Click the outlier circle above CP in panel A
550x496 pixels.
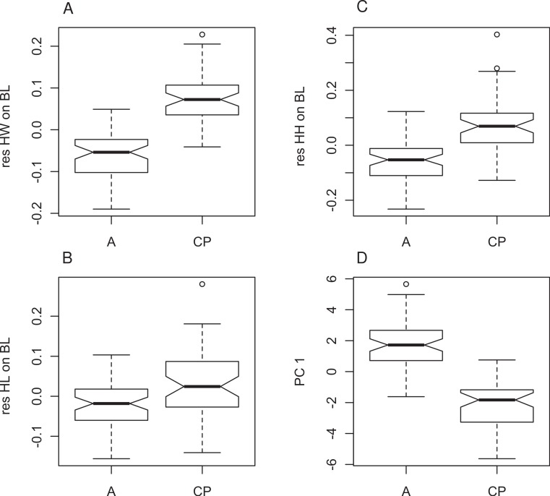tap(202, 34)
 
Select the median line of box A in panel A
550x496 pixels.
tap(111, 153)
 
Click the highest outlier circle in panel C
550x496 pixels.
tap(497, 34)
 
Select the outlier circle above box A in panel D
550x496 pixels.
tap(405, 284)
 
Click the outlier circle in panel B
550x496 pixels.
tap(202, 284)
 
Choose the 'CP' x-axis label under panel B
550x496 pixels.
tap(202, 490)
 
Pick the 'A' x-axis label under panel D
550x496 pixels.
tap(405, 490)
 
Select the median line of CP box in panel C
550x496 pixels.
tap(497, 126)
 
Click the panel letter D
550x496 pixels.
tap(322, 255)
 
